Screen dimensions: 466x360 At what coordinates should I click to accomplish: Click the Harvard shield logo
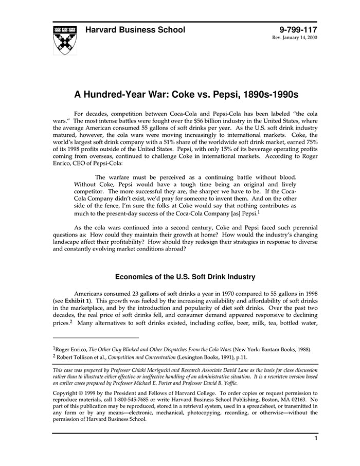click(65, 40)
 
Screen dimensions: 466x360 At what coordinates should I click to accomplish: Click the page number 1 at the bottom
click(315, 438)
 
